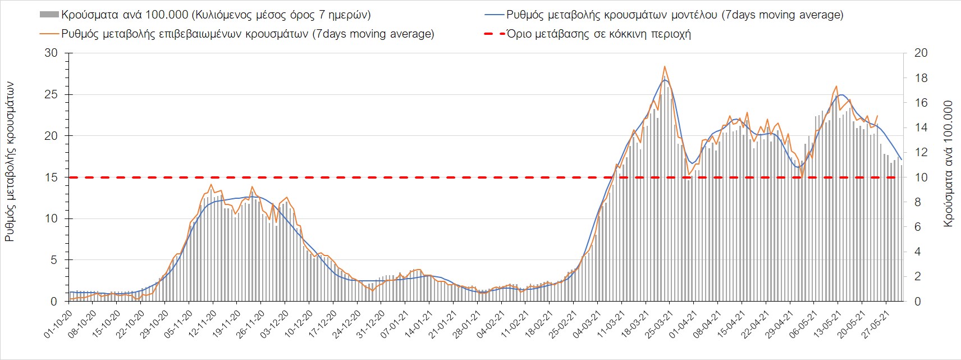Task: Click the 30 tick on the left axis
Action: (x=51, y=53)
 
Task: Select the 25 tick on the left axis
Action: (x=51, y=94)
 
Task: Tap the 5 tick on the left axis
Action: (x=54, y=260)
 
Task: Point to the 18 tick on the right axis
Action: (x=922, y=78)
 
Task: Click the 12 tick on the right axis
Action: (x=922, y=152)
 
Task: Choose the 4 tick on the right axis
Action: (x=918, y=252)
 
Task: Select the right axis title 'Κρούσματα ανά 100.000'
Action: (x=949, y=163)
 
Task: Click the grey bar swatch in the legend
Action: (x=49, y=15)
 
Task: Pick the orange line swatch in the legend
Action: (x=49, y=34)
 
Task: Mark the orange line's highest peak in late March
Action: (x=665, y=66)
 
